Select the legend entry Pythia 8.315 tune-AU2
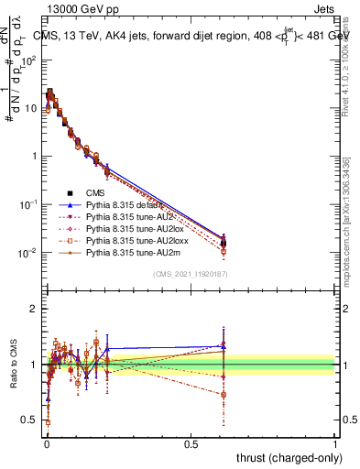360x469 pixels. [x=126, y=216]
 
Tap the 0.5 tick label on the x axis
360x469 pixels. [x=191, y=444]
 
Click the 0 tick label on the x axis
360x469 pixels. [x=46, y=444]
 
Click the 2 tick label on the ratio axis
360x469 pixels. [x=36, y=310]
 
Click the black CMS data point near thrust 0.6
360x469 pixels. [x=224, y=243]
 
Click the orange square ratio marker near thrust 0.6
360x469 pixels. [x=224, y=395]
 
